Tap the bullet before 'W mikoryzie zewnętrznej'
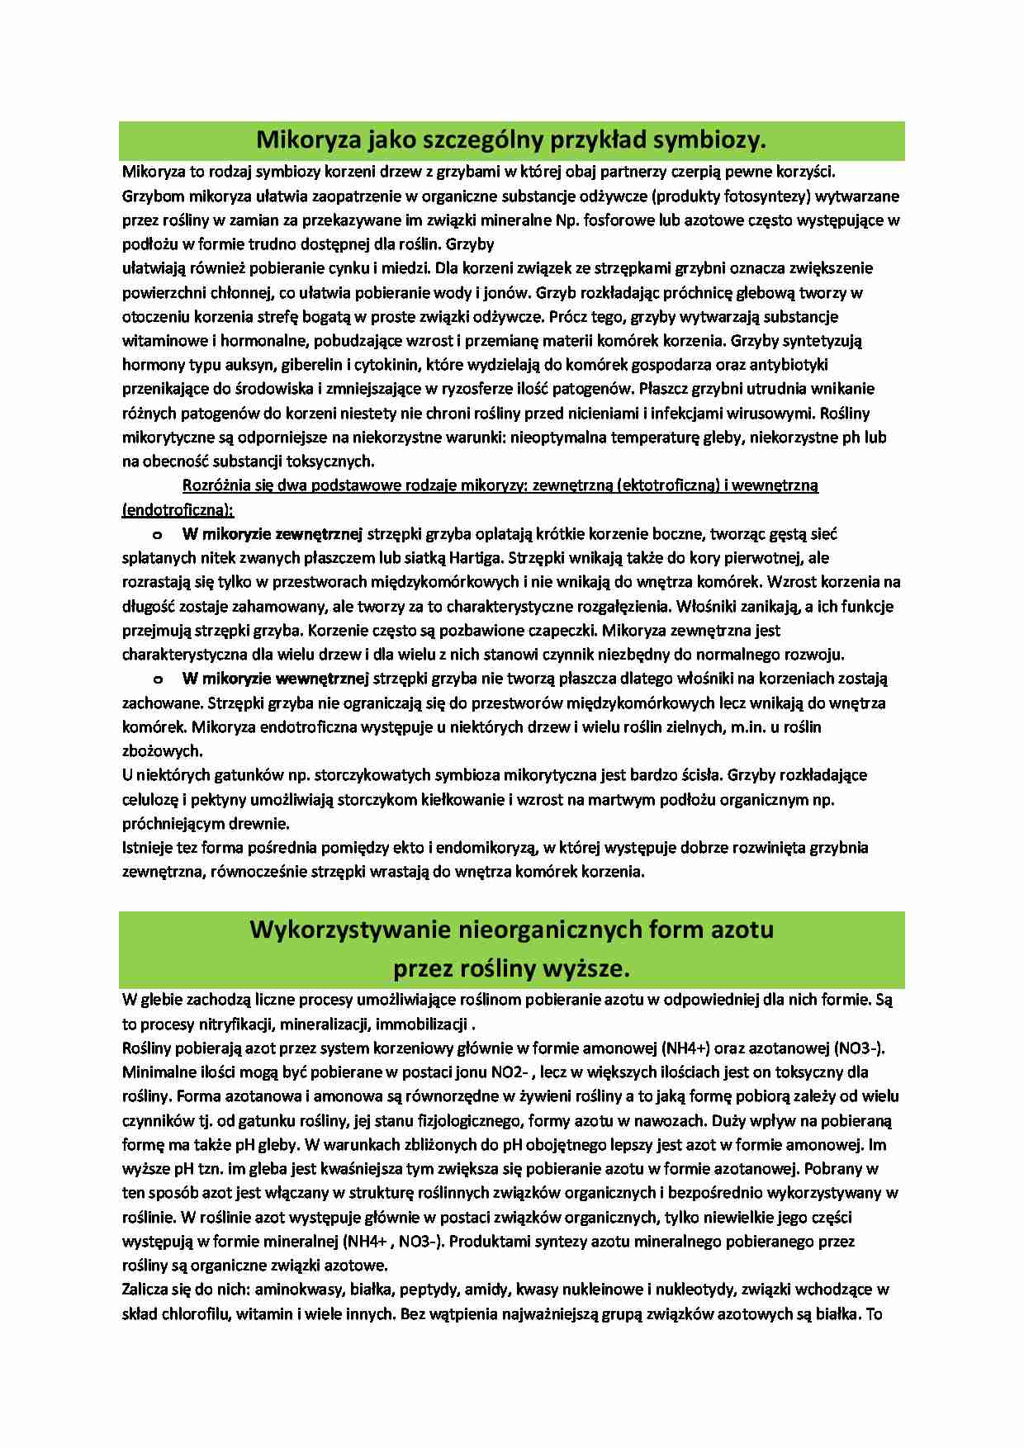(155, 534)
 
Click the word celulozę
(149, 800)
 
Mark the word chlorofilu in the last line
(192, 1313)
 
